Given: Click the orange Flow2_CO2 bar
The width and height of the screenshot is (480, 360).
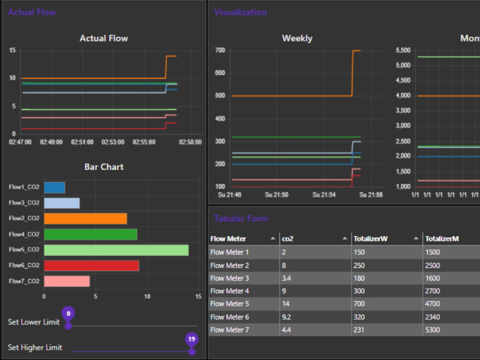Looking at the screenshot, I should click(85, 219).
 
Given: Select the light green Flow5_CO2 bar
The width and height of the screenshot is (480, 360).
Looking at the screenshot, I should click(116, 250).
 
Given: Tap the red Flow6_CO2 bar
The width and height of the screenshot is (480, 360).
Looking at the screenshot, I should click(91, 265).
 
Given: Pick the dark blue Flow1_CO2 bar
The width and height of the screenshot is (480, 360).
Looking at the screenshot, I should click(54, 188).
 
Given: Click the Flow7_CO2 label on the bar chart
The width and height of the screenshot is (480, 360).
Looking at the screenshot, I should click(24, 281).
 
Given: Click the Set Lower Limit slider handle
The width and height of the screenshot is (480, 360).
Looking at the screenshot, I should click(69, 326).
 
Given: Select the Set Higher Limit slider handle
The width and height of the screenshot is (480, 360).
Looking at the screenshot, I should click(192, 351).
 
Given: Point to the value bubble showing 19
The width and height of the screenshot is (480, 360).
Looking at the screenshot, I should click(192, 339).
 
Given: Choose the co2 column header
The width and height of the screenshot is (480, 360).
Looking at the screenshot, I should click(288, 239).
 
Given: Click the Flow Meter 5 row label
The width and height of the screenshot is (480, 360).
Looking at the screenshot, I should click(229, 304).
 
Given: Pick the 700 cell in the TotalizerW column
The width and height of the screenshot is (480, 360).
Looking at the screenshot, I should click(359, 304).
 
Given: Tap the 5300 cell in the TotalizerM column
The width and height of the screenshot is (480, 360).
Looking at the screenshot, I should click(433, 330).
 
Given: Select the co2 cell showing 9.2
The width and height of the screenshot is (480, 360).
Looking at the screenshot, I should click(287, 317).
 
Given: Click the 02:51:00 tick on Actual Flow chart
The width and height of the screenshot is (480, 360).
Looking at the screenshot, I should click(83, 142).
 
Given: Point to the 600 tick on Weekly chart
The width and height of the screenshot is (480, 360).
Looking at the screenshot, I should click(220, 73).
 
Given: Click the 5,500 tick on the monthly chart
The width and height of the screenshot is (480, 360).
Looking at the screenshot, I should click(403, 50).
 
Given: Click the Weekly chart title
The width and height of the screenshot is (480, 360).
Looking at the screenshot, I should click(297, 38).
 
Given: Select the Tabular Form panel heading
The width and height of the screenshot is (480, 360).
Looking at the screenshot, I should click(241, 219).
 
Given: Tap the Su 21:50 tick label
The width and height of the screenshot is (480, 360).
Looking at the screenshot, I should click(276, 195).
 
